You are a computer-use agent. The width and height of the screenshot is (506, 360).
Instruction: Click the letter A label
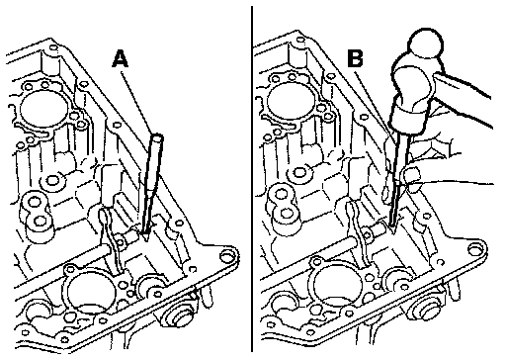tap(121, 59)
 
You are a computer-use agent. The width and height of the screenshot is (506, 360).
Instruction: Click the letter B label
tap(356, 59)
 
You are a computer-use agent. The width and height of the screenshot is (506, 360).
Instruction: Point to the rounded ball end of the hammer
tap(426, 43)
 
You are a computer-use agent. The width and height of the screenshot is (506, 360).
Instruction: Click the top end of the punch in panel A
tap(157, 137)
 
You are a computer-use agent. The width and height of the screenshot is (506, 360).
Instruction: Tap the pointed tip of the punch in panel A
tap(145, 238)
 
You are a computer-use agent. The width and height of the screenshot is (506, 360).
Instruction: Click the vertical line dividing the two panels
tap(252, 179)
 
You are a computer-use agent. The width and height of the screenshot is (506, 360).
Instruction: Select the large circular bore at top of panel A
tap(42, 110)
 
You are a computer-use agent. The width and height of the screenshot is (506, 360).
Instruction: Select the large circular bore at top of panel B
tap(290, 102)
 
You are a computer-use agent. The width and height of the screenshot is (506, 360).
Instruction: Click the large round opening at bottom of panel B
tap(338, 285)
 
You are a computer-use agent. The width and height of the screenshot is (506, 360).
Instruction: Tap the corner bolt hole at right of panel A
tap(226, 255)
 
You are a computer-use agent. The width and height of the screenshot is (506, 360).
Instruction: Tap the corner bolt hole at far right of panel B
tap(475, 249)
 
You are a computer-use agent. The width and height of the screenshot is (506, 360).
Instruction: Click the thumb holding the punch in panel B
tap(411, 176)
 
